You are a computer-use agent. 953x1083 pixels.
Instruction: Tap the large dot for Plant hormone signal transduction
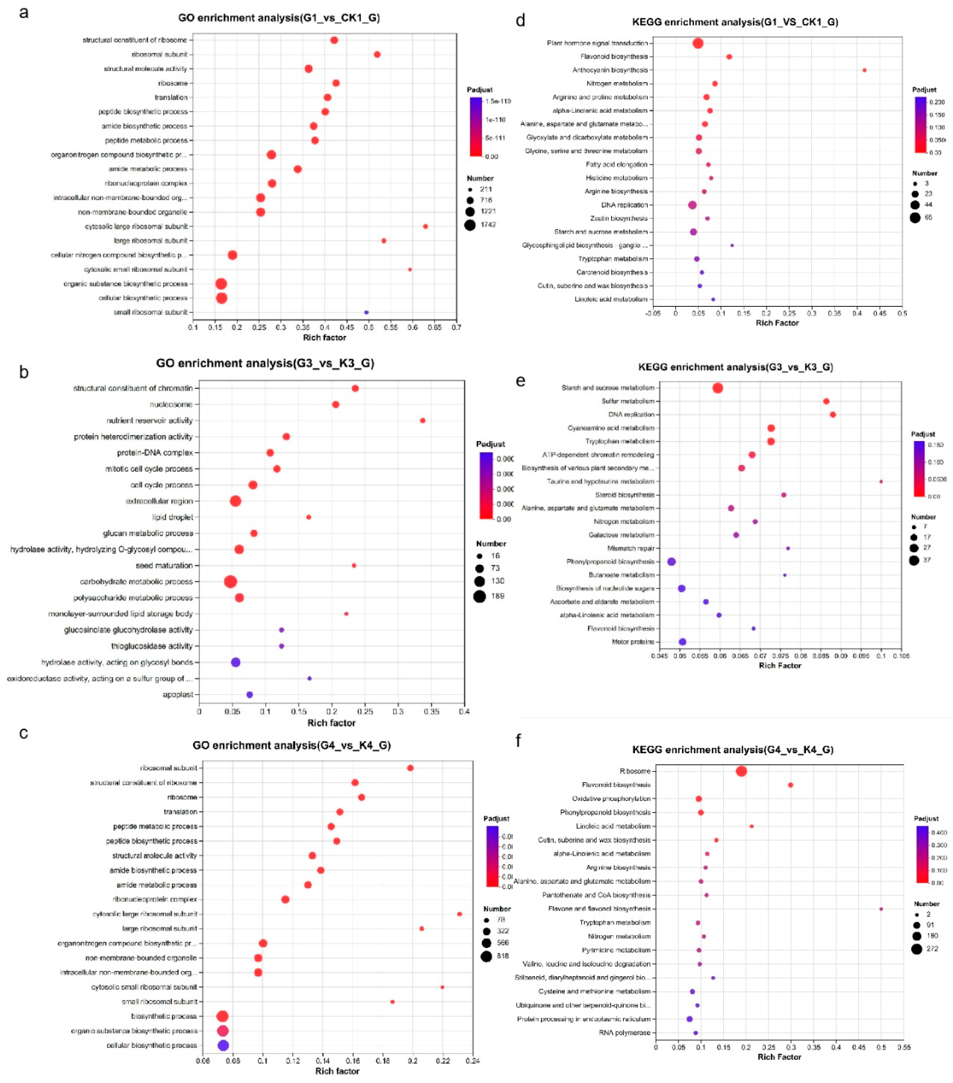[698, 43]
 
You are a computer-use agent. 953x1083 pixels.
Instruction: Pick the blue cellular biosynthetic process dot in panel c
[223, 1046]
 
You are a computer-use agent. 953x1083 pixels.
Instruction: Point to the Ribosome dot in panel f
[742, 771]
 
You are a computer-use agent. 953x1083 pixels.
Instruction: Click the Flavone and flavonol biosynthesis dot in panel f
[881, 909]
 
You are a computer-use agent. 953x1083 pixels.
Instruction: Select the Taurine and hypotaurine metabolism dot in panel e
[881, 482]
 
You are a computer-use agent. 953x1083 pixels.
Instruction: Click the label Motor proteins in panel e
[633, 642]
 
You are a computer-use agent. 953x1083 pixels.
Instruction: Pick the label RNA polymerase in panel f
[624, 1033]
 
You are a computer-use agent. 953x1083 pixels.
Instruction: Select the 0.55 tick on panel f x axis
[904, 1047]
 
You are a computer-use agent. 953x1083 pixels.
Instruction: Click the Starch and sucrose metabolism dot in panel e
[717, 388]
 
